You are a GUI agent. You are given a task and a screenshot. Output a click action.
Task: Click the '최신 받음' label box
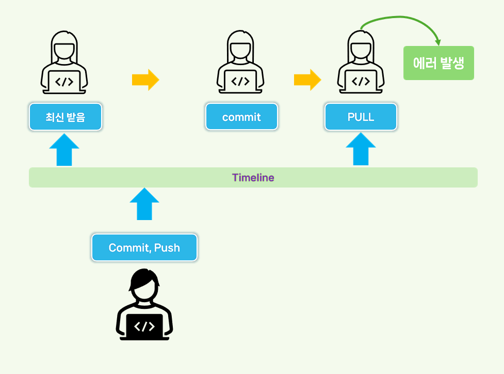click(66, 117)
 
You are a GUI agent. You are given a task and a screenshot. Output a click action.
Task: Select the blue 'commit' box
click(241, 117)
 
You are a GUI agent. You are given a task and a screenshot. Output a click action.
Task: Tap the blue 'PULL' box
click(361, 117)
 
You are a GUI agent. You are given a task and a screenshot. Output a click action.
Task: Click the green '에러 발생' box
click(438, 64)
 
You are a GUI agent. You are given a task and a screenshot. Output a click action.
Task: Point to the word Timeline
click(253, 178)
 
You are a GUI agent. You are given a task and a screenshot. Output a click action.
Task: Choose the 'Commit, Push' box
click(144, 248)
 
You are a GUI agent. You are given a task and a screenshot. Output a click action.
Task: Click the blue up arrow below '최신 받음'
click(64, 149)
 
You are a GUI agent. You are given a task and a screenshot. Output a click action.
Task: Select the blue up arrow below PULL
click(361, 149)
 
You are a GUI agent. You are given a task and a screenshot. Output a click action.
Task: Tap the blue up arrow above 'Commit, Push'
click(144, 204)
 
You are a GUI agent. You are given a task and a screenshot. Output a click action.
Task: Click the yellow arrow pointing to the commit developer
click(145, 80)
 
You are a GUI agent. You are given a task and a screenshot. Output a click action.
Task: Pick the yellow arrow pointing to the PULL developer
click(307, 80)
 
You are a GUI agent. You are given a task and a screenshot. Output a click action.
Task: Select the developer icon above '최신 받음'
click(64, 62)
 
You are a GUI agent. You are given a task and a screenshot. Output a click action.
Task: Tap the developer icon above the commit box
click(240, 62)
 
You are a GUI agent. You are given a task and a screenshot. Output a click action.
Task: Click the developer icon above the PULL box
click(361, 62)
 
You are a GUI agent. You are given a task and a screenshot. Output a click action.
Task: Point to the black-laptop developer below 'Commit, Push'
click(144, 305)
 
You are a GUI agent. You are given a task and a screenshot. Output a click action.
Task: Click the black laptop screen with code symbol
click(144, 326)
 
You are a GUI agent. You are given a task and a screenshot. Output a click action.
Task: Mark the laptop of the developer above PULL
click(361, 82)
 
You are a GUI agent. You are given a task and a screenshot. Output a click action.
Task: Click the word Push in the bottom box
click(167, 248)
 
